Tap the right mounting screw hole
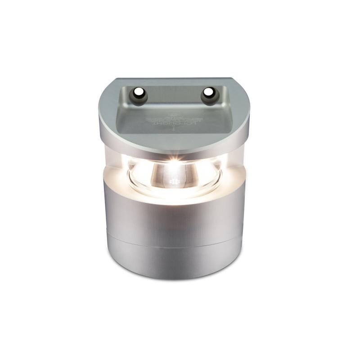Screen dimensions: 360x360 (x=208, y=92)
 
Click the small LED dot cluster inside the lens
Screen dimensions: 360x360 (x=173, y=183)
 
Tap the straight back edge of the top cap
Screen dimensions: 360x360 (x=174, y=79)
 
